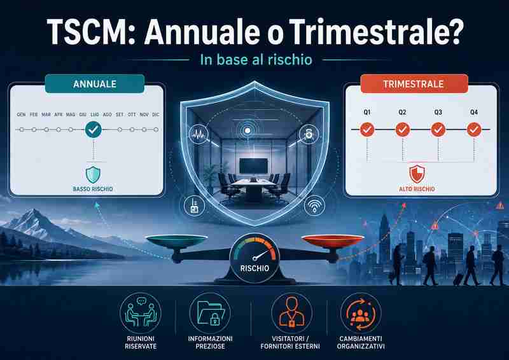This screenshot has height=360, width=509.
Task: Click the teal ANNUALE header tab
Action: pyautogui.click(x=94, y=84)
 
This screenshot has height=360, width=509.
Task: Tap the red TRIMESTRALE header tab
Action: pyautogui.click(x=414, y=84)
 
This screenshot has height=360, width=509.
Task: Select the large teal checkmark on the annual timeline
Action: pyautogui.click(x=93, y=130)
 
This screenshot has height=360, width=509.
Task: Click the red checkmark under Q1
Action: pyautogui.click(x=367, y=130)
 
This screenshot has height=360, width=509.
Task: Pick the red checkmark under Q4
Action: pyautogui.click(x=474, y=130)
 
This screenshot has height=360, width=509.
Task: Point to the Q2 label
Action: pyautogui.click(x=402, y=113)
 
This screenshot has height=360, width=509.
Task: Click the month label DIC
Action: pyautogui.click(x=156, y=114)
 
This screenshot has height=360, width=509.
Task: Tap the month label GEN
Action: pyautogui.click(x=21, y=114)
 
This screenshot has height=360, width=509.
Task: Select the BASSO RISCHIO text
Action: pyautogui.click(x=93, y=189)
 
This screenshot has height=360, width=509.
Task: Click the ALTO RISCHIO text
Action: pyautogui.click(x=417, y=189)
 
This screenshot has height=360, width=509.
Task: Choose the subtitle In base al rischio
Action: pyautogui.click(x=256, y=60)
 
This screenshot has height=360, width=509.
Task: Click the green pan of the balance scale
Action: pyautogui.click(x=177, y=240)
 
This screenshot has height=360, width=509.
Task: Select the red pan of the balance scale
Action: pyautogui.click(x=333, y=240)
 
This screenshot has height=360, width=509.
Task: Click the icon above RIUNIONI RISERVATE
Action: pyautogui.click(x=140, y=312)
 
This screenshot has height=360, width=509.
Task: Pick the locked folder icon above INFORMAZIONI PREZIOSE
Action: pyautogui.click(x=210, y=312)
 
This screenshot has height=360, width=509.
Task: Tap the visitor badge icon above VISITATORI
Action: pyautogui.click(x=291, y=312)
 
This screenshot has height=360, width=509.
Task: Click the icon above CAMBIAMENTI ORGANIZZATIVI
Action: pyautogui.click(x=361, y=312)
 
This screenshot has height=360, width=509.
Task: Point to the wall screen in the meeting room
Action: pyautogui.click(x=253, y=165)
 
